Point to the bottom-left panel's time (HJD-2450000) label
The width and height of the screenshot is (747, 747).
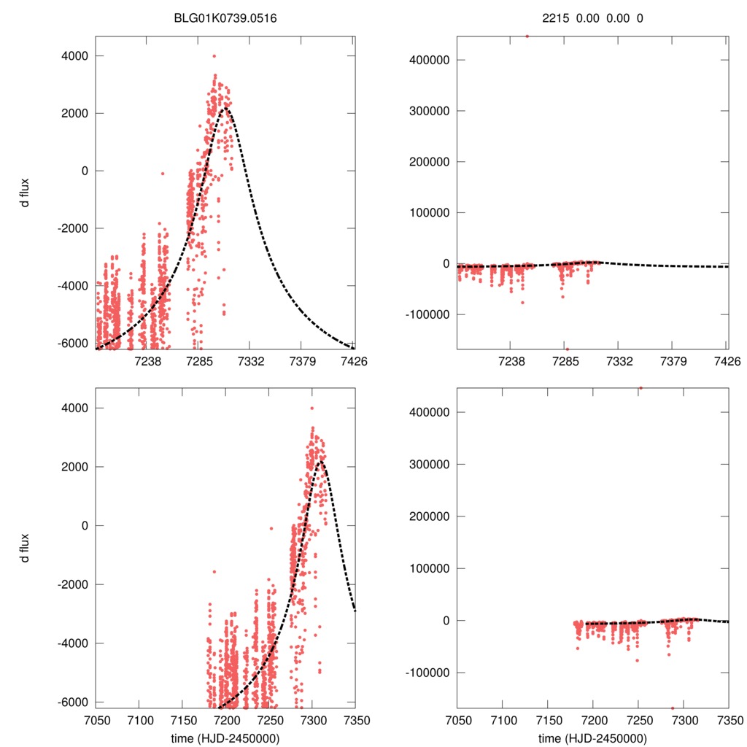(225, 738)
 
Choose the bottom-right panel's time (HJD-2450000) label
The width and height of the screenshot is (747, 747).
(592, 738)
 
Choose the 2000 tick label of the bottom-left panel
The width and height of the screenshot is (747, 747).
(75, 467)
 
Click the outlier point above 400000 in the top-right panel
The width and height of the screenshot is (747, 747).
(527, 36)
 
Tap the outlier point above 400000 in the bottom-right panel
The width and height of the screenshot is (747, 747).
(640, 388)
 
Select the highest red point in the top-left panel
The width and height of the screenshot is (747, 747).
(214, 55)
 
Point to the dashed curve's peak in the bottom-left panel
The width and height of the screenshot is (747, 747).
(320, 461)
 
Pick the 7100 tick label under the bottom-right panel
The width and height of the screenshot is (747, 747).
(503, 721)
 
